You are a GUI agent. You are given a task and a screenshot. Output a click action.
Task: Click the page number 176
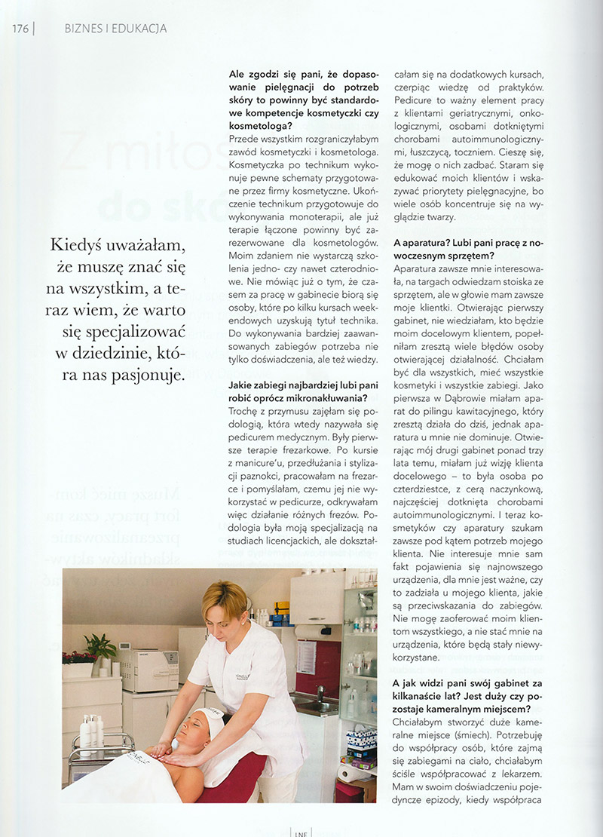point(20,29)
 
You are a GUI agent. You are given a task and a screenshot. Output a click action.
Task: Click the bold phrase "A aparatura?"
point(424,243)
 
